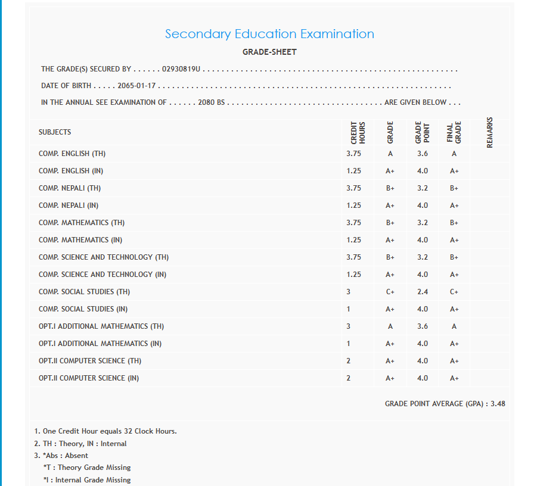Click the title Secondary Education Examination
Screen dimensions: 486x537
coord(269,34)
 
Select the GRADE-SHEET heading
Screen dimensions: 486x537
coord(269,52)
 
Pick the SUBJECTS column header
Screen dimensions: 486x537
coord(55,132)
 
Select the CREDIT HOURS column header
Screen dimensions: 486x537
coord(358,132)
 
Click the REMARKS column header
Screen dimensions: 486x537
coord(490,132)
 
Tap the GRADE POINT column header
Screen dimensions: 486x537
coord(423,132)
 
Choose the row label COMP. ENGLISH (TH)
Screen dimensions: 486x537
coord(72,154)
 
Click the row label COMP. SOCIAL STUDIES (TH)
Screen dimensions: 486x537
coord(84,292)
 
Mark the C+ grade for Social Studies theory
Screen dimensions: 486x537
coord(390,292)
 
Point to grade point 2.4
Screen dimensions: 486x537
coord(423,292)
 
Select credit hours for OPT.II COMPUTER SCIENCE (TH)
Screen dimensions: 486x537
coord(349,361)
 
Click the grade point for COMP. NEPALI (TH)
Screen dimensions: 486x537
coord(423,188)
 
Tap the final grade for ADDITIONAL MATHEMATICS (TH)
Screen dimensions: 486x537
coord(454,326)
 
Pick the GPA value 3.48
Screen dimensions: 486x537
coord(498,404)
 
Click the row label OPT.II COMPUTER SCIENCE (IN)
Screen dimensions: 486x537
coord(89,378)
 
